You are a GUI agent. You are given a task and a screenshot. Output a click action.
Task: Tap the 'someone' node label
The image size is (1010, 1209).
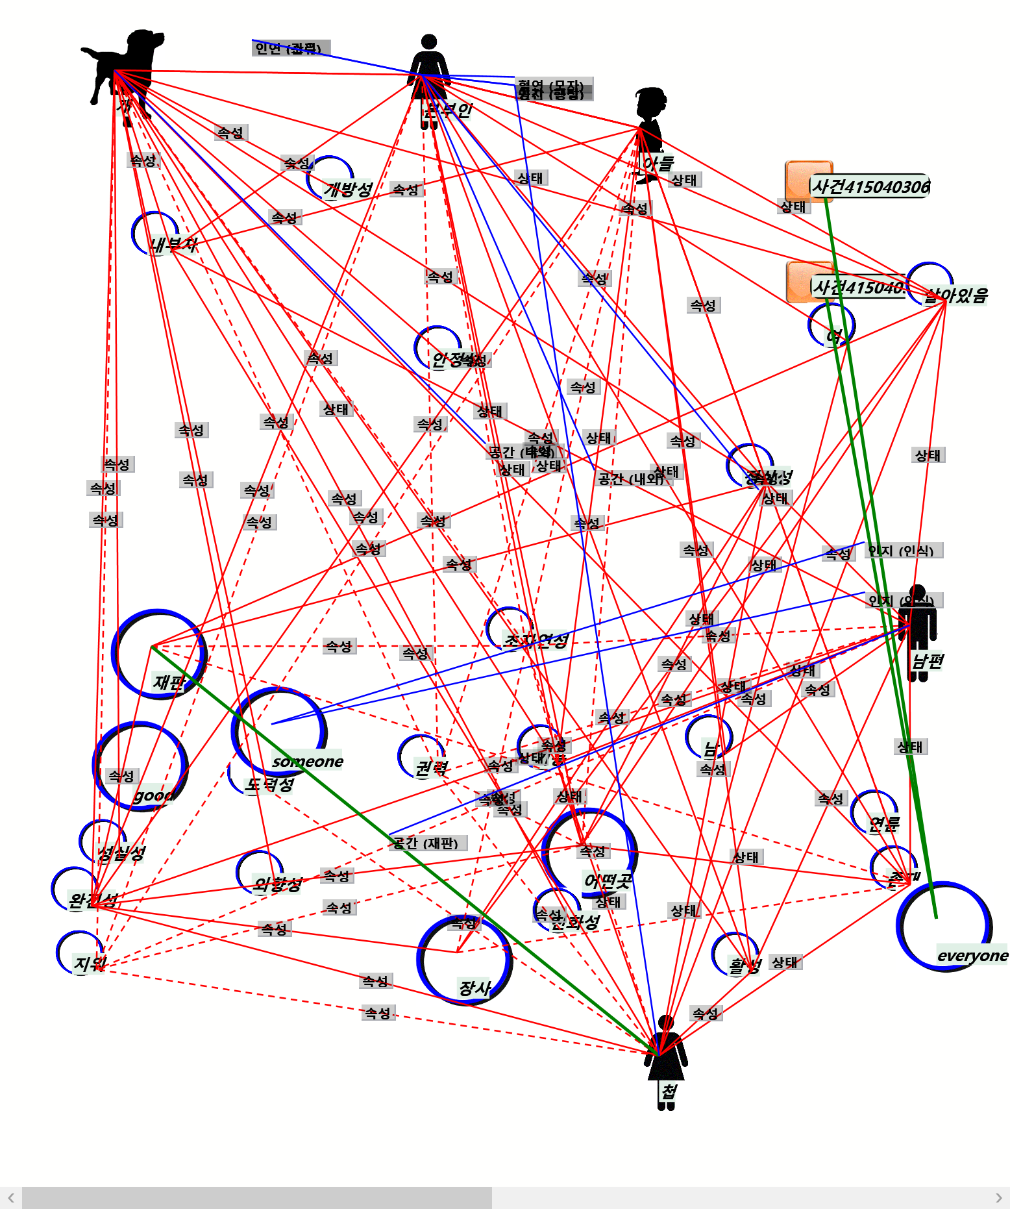coord(308,762)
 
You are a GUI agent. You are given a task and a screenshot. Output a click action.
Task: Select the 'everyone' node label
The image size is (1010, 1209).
coord(972,955)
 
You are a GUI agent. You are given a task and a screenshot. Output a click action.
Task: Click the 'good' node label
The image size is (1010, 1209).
coord(153,795)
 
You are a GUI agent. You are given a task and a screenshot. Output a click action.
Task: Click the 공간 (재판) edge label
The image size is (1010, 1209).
coord(427,843)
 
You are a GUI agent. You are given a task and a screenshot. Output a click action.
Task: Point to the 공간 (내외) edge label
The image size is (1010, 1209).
coord(631,479)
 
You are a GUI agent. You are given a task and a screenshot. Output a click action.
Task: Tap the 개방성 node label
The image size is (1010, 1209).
coord(348,189)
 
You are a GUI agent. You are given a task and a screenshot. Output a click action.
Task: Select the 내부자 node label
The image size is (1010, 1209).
coord(173,245)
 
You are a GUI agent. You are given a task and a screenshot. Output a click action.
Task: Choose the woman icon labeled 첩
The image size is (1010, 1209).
coord(665,1058)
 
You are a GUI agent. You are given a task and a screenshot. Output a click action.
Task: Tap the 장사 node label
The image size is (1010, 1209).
coord(474,988)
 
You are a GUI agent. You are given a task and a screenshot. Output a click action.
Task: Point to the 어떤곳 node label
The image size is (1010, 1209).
coord(607,880)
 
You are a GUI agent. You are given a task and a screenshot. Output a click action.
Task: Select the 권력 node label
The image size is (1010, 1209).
coord(431,768)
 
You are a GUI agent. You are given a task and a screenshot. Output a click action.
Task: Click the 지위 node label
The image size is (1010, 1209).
coord(89,963)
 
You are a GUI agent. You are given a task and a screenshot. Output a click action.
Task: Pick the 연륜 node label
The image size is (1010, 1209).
coord(883,824)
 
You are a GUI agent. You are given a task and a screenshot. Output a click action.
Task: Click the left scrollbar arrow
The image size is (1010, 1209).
coord(10,1197)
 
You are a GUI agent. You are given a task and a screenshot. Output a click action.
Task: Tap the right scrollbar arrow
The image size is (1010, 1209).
coord(999,1197)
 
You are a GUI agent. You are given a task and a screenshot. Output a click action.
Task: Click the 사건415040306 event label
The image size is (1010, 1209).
coord(870,187)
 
